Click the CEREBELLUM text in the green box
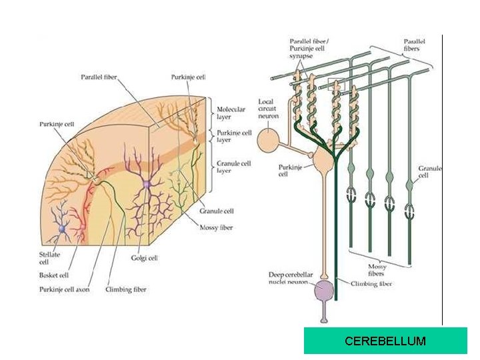pyautogui.click(x=385, y=341)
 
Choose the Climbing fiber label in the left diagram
pyautogui.click(x=127, y=289)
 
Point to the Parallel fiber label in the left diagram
pyautogui.click(x=99, y=77)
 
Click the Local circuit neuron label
pyautogui.click(x=269, y=109)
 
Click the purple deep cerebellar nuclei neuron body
pyautogui.click(x=323, y=291)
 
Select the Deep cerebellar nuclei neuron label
pyautogui.click(x=289, y=279)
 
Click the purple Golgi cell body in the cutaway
pyautogui.click(x=146, y=184)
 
